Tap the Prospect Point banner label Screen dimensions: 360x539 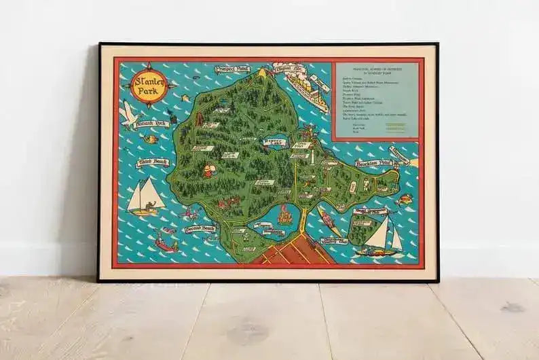point(232,69)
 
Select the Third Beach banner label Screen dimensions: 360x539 point(152,162)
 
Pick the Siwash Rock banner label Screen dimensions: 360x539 point(152,124)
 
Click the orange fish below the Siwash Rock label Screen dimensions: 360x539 point(151,139)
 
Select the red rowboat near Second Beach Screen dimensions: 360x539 point(166,241)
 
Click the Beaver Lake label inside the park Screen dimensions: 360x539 point(274,142)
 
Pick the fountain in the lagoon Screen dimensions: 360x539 point(285,216)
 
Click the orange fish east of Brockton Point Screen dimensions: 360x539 point(405,199)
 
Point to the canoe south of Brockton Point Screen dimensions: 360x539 point(329,221)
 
